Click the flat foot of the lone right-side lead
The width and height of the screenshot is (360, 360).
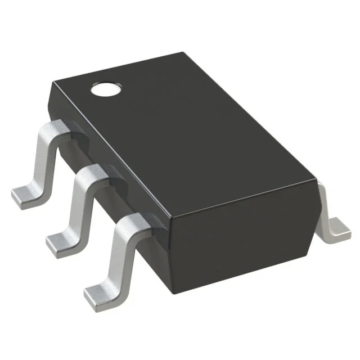click(339, 226)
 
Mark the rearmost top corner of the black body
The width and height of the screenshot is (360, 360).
click(184, 53)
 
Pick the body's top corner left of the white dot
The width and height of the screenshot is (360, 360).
click(52, 83)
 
